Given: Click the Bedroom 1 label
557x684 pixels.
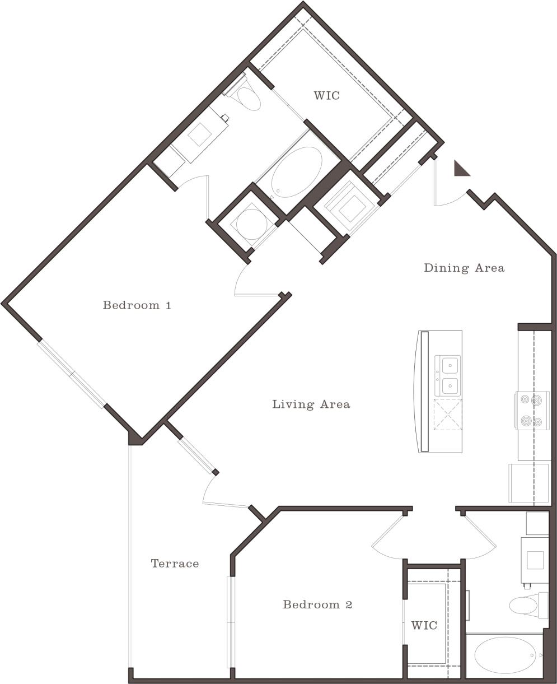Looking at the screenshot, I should [137, 305].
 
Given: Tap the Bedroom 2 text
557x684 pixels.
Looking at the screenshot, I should [317, 604].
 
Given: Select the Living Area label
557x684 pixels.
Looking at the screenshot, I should [311, 404].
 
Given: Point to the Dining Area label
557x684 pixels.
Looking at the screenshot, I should [464, 268].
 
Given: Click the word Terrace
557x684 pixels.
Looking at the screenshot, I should [175, 564].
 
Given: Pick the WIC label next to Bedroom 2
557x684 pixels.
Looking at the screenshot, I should [424, 625].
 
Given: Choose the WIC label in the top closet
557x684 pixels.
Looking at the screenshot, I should [326, 95].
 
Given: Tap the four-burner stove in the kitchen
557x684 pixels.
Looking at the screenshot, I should [531, 410].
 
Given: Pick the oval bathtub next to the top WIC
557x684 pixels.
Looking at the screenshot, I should [297, 172].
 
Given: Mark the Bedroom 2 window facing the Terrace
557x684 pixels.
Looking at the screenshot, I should [230, 622].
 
